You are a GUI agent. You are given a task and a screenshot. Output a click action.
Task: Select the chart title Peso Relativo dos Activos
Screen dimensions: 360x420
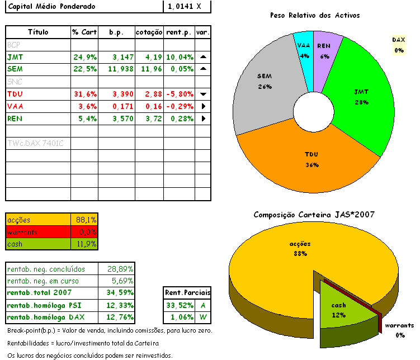pyautogui.click(x=314, y=16)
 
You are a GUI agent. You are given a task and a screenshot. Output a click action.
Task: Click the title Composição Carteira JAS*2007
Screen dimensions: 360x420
pyautogui.click(x=314, y=215)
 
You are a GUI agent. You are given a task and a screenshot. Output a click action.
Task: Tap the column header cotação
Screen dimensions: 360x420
pyautogui.click(x=149, y=32)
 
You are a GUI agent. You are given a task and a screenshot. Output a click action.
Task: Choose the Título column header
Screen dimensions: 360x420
pyautogui.click(x=38, y=32)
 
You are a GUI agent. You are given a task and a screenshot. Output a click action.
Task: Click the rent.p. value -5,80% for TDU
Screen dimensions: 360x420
pyautogui.click(x=180, y=94)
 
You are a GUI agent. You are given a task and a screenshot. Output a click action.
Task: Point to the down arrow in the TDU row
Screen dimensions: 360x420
pyautogui.click(x=203, y=94)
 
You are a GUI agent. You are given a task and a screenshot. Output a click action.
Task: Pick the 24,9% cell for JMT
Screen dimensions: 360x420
pyautogui.click(x=85, y=57)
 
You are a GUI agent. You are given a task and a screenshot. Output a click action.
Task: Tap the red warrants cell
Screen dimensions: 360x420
pyautogui.click(x=38, y=231)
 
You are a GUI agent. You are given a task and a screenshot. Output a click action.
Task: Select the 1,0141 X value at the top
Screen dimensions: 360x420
pyautogui.click(x=180, y=7)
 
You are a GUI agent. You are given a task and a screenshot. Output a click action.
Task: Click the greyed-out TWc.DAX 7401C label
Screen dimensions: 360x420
pyautogui.click(x=36, y=144)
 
